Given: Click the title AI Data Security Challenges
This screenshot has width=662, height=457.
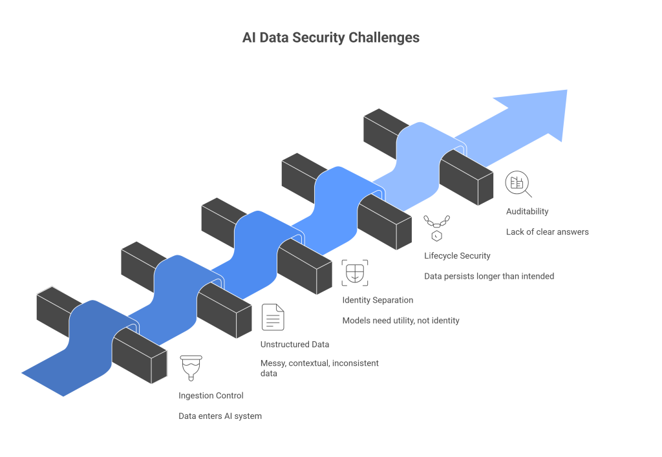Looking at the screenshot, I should tap(330, 37).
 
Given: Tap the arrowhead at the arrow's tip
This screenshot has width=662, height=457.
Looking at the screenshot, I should tap(540, 113).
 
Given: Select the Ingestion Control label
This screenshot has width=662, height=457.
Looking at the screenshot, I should tap(211, 395).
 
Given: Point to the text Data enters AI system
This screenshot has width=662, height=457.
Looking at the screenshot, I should tap(220, 416).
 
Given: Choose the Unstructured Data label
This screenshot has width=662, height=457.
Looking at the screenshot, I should tap(294, 344).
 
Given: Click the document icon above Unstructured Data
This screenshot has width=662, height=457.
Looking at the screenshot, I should tap(272, 317).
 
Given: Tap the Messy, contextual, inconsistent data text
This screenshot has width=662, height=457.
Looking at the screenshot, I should tap(319, 368).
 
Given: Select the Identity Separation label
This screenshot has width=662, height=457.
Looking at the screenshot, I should tap(377, 300).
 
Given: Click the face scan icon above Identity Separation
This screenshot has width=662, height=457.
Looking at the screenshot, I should tap(354, 273).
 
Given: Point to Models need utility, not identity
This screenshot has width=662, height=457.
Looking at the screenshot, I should tap(400, 321).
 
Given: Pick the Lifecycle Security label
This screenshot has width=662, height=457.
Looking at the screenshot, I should tap(457, 255).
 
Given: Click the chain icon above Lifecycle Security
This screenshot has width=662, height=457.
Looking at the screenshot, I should tap(436, 226).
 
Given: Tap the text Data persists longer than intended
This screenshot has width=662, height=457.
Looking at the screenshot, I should tap(489, 276).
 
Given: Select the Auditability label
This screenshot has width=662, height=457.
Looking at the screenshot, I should tap(527, 211).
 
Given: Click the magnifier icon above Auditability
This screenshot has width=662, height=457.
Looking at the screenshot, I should tap(518, 184).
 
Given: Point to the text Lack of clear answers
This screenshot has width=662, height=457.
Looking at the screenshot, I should tap(547, 231).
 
